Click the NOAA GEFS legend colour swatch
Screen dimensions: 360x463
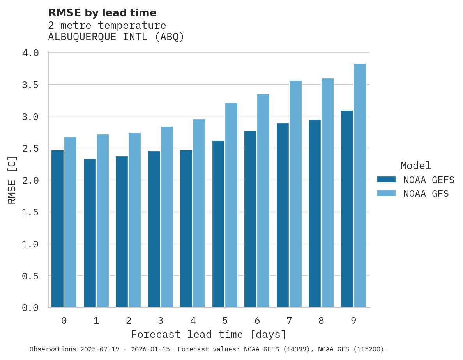tap(386, 180)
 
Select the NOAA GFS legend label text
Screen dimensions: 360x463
tap(426, 194)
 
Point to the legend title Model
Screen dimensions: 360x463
tap(415, 166)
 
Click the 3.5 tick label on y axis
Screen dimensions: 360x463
tap(30, 85)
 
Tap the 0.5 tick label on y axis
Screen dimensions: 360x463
tap(30, 276)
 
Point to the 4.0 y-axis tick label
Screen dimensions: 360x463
tap(30, 53)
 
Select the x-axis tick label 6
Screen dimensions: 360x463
tap(257, 321)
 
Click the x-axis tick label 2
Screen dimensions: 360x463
tap(128, 321)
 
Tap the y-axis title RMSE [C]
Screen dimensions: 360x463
tap(12, 180)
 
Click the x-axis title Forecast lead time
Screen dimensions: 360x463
tap(209, 334)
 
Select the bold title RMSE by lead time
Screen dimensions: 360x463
tap(102, 13)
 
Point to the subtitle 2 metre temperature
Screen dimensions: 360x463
tap(107, 25)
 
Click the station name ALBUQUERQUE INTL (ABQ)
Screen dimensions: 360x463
tap(116, 37)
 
